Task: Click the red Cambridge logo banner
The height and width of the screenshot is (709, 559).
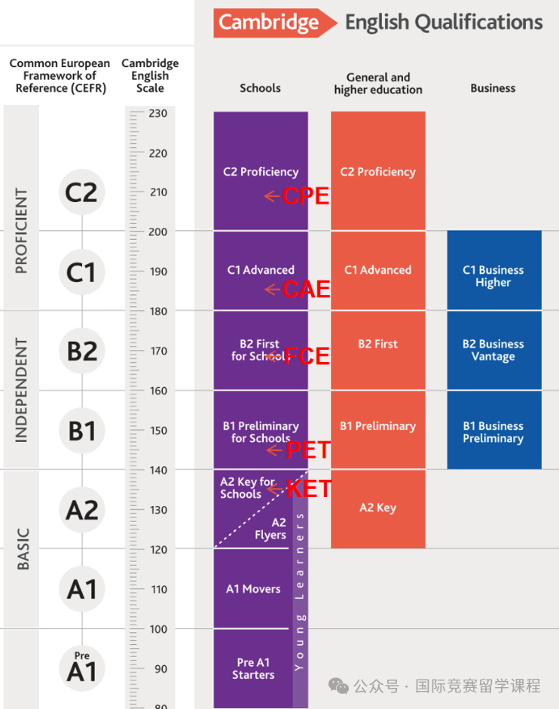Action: click(x=274, y=23)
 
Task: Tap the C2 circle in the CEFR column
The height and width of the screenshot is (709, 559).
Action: click(x=81, y=192)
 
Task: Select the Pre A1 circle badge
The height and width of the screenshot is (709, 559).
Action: click(x=81, y=668)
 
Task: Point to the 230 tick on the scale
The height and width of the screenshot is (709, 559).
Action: click(x=157, y=113)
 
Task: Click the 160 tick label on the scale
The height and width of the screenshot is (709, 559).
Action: click(x=158, y=391)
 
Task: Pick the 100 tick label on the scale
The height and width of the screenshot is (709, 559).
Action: click(x=158, y=629)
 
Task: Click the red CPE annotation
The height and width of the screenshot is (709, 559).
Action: click(x=306, y=196)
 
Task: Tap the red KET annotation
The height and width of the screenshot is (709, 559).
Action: click(x=309, y=489)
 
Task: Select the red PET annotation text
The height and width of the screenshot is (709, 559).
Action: click(x=308, y=450)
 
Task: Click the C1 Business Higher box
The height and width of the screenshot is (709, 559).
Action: click(x=494, y=270)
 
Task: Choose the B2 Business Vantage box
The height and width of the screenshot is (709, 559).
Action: click(x=494, y=351)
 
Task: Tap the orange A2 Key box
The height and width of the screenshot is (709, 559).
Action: click(x=378, y=509)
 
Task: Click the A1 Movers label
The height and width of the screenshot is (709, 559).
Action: click(x=253, y=589)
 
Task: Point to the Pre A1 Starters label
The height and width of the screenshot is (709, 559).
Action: click(x=253, y=669)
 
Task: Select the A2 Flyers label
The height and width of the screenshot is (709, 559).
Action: click(x=270, y=529)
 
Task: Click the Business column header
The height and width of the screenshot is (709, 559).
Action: click(x=493, y=88)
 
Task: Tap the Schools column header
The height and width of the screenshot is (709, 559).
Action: click(x=260, y=88)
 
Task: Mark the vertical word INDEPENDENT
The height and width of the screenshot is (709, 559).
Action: click(x=21, y=390)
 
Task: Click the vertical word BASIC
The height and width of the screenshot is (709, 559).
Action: click(x=23, y=549)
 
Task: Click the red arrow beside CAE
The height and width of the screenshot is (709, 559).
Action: click(x=272, y=289)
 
